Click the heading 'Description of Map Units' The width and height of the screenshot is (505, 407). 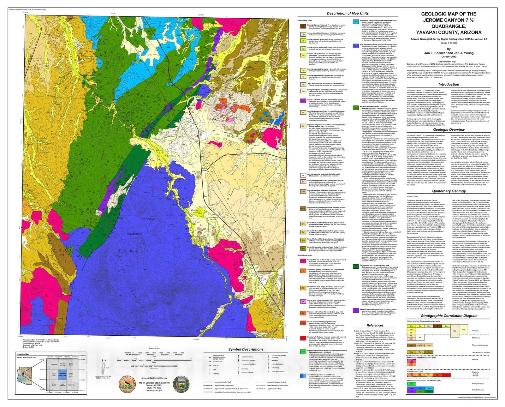[x=348, y=14]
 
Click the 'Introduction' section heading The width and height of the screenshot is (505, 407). [x=449, y=84]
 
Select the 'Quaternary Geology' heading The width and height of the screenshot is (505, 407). [x=449, y=191]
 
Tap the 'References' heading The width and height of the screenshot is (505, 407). [x=375, y=325]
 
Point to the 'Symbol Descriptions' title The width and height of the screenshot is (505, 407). [x=246, y=349]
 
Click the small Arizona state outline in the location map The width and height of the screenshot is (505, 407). [x=23, y=374]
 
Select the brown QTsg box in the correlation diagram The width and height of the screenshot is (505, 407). [x=411, y=345]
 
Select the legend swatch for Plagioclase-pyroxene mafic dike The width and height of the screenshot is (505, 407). [x=303, y=352]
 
